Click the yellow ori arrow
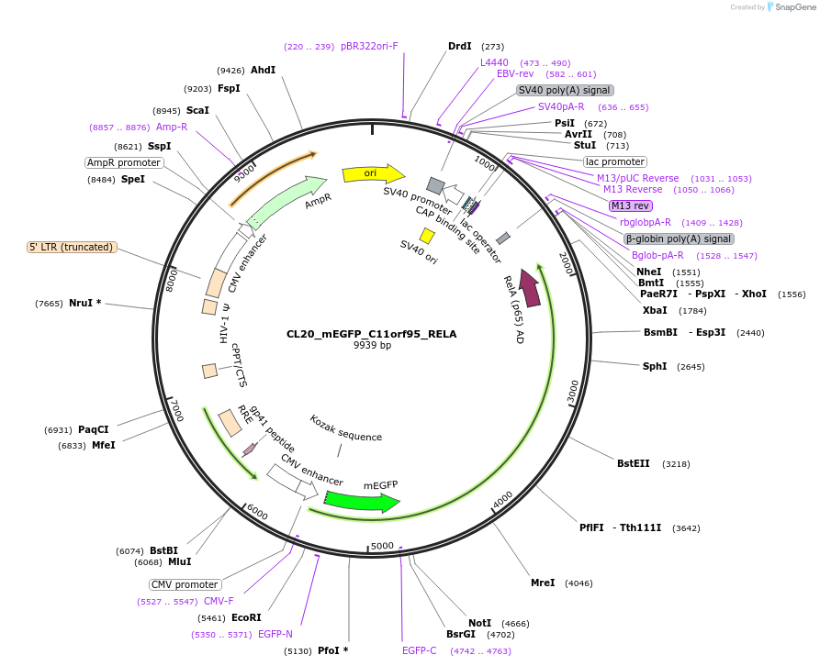pyautogui.click(x=373, y=173)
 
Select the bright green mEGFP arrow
pyautogui.click(x=362, y=501)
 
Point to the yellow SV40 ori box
pyautogui.click(x=427, y=236)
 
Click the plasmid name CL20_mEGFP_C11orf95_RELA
pyautogui.click(x=373, y=334)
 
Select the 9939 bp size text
pyautogui.click(x=373, y=346)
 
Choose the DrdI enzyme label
pyautogui.click(x=459, y=46)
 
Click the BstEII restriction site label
pyautogui.click(x=633, y=463)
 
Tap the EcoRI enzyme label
pyautogui.click(x=246, y=617)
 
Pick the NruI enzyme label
pyautogui.click(x=84, y=303)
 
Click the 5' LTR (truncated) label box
pyautogui.click(x=71, y=247)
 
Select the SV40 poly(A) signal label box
pyautogui.click(x=565, y=90)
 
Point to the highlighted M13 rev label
pyautogui.click(x=630, y=205)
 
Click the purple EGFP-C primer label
pyautogui.click(x=420, y=650)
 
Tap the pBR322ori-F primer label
pyautogui.click(x=369, y=46)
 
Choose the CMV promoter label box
pyautogui.click(x=185, y=584)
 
